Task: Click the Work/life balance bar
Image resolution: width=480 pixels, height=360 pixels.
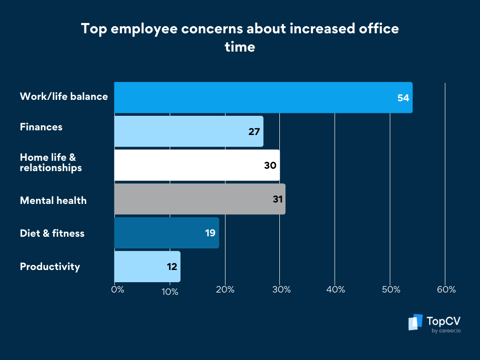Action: (262, 97)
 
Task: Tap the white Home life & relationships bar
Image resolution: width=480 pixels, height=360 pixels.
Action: (197, 165)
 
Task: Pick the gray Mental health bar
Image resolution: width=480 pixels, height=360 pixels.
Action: (200, 199)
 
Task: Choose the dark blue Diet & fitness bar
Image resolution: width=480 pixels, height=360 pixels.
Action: (166, 232)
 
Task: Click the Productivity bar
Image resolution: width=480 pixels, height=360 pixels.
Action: (147, 266)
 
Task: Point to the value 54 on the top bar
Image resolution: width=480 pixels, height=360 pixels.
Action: (403, 98)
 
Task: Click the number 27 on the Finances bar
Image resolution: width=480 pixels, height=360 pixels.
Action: (254, 132)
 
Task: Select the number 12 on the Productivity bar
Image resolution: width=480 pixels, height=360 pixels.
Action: (171, 267)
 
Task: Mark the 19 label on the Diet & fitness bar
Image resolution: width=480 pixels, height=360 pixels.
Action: (210, 233)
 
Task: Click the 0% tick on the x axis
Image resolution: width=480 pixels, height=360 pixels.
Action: (118, 290)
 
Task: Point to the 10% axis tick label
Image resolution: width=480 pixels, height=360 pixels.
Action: (170, 292)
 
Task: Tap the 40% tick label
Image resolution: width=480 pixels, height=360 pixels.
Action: (335, 290)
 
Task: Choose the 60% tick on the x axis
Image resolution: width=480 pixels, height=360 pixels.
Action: (446, 290)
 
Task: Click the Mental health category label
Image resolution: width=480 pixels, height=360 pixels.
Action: (53, 201)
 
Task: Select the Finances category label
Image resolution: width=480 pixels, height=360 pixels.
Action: (41, 127)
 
